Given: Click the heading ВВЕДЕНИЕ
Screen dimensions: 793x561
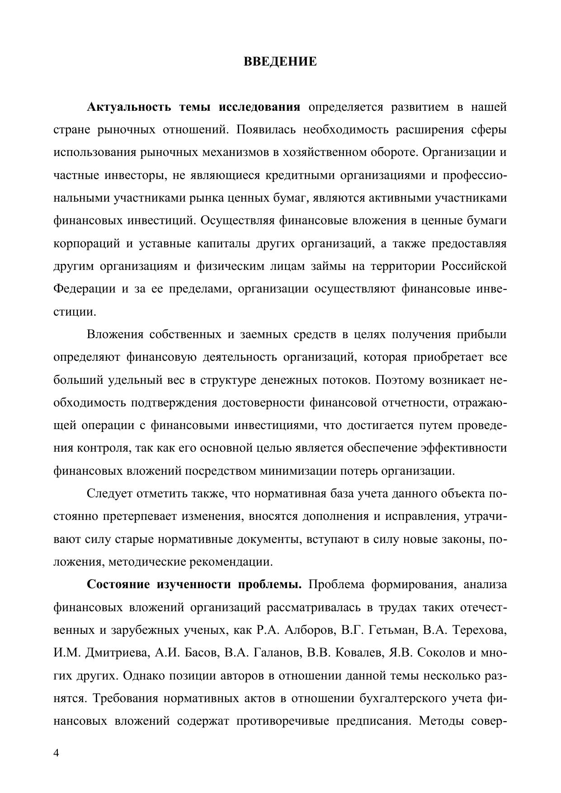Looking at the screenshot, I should click(280, 61).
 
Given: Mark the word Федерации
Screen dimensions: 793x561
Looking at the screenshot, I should click(85, 289).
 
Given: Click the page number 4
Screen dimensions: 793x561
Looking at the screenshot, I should click(56, 753).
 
